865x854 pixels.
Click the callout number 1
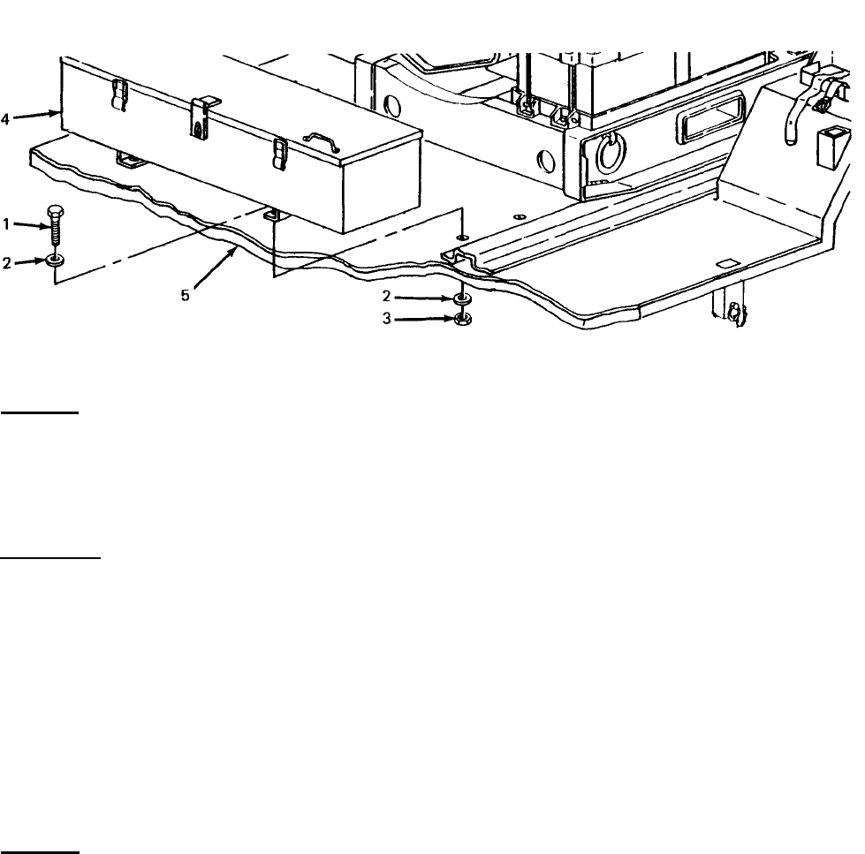(7, 224)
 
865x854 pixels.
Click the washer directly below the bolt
(57, 261)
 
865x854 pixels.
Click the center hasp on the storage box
(201, 114)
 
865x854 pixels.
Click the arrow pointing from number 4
(35, 114)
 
